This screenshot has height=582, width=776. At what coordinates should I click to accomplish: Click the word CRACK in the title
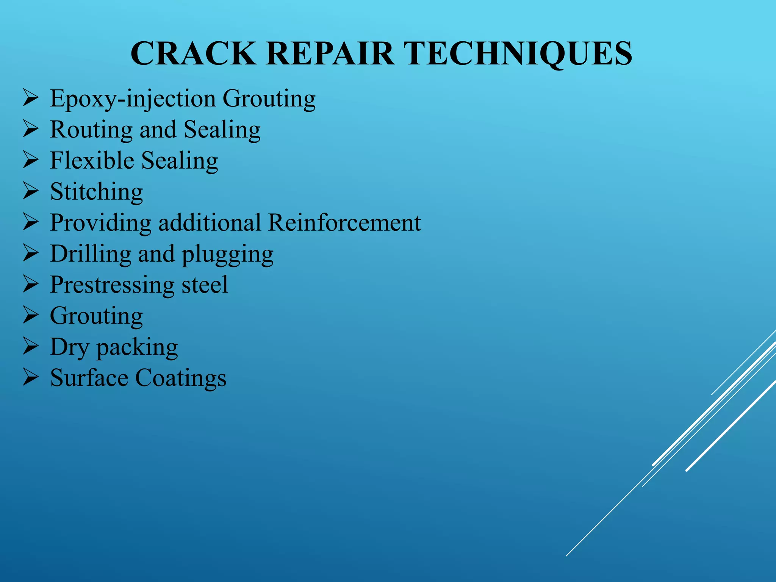coord(193,53)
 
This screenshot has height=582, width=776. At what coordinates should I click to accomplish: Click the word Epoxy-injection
coord(133,99)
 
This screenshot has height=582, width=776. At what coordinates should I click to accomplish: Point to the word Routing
coord(91,130)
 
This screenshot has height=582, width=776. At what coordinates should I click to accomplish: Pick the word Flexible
coord(92,160)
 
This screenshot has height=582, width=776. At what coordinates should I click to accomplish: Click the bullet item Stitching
coord(97,192)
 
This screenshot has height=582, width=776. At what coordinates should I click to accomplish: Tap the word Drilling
coord(91,254)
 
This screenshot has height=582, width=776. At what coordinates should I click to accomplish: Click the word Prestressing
coord(112,285)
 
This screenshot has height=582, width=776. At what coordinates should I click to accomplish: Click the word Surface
coord(89,378)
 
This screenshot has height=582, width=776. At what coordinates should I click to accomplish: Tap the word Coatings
coord(181,379)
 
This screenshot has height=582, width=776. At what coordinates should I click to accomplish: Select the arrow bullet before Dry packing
coord(30,346)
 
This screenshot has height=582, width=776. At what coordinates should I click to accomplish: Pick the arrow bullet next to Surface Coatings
coord(30,377)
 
